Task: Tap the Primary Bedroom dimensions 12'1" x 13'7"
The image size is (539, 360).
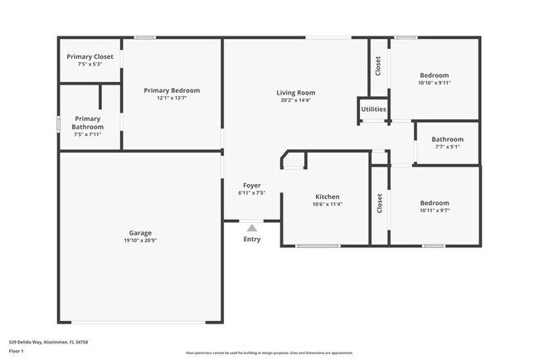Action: click(172, 98)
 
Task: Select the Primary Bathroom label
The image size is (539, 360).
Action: click(88, 123)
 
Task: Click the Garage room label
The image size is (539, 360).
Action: click(139, 233)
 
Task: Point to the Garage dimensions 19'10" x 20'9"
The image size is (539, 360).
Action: click(139, 241)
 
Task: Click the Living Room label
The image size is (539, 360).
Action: click(296, 93)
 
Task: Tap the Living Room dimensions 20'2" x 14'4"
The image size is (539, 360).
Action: click(296, 100)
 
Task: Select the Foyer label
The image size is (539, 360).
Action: click(251, 185)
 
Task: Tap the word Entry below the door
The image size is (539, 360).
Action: click(251, 239)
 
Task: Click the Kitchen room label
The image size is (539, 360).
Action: click(328, 197)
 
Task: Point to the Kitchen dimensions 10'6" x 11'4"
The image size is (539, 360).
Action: click(328, 204)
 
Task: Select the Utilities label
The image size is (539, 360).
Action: click(373, 109)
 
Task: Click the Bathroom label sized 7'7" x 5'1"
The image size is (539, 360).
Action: click(447, 139)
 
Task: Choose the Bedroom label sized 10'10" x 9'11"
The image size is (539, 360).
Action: click(434, 75)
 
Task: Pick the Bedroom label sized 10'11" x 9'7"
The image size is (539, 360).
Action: click(434, 203)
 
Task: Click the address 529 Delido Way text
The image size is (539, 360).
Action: click(48, 341)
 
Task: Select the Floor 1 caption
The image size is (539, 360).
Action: click(17, 351)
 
